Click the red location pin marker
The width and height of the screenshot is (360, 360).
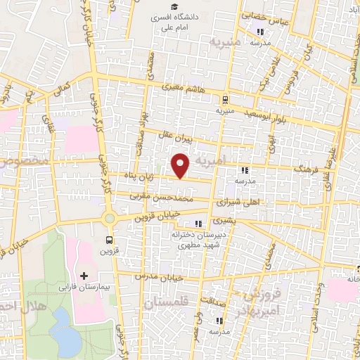coord(181,166)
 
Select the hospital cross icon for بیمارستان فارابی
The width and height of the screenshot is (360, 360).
coord(84,275)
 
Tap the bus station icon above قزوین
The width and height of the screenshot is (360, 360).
coord(118,238)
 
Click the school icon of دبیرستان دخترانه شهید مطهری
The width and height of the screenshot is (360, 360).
coord(187,224)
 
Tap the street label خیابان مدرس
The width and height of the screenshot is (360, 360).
coord(166,277)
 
